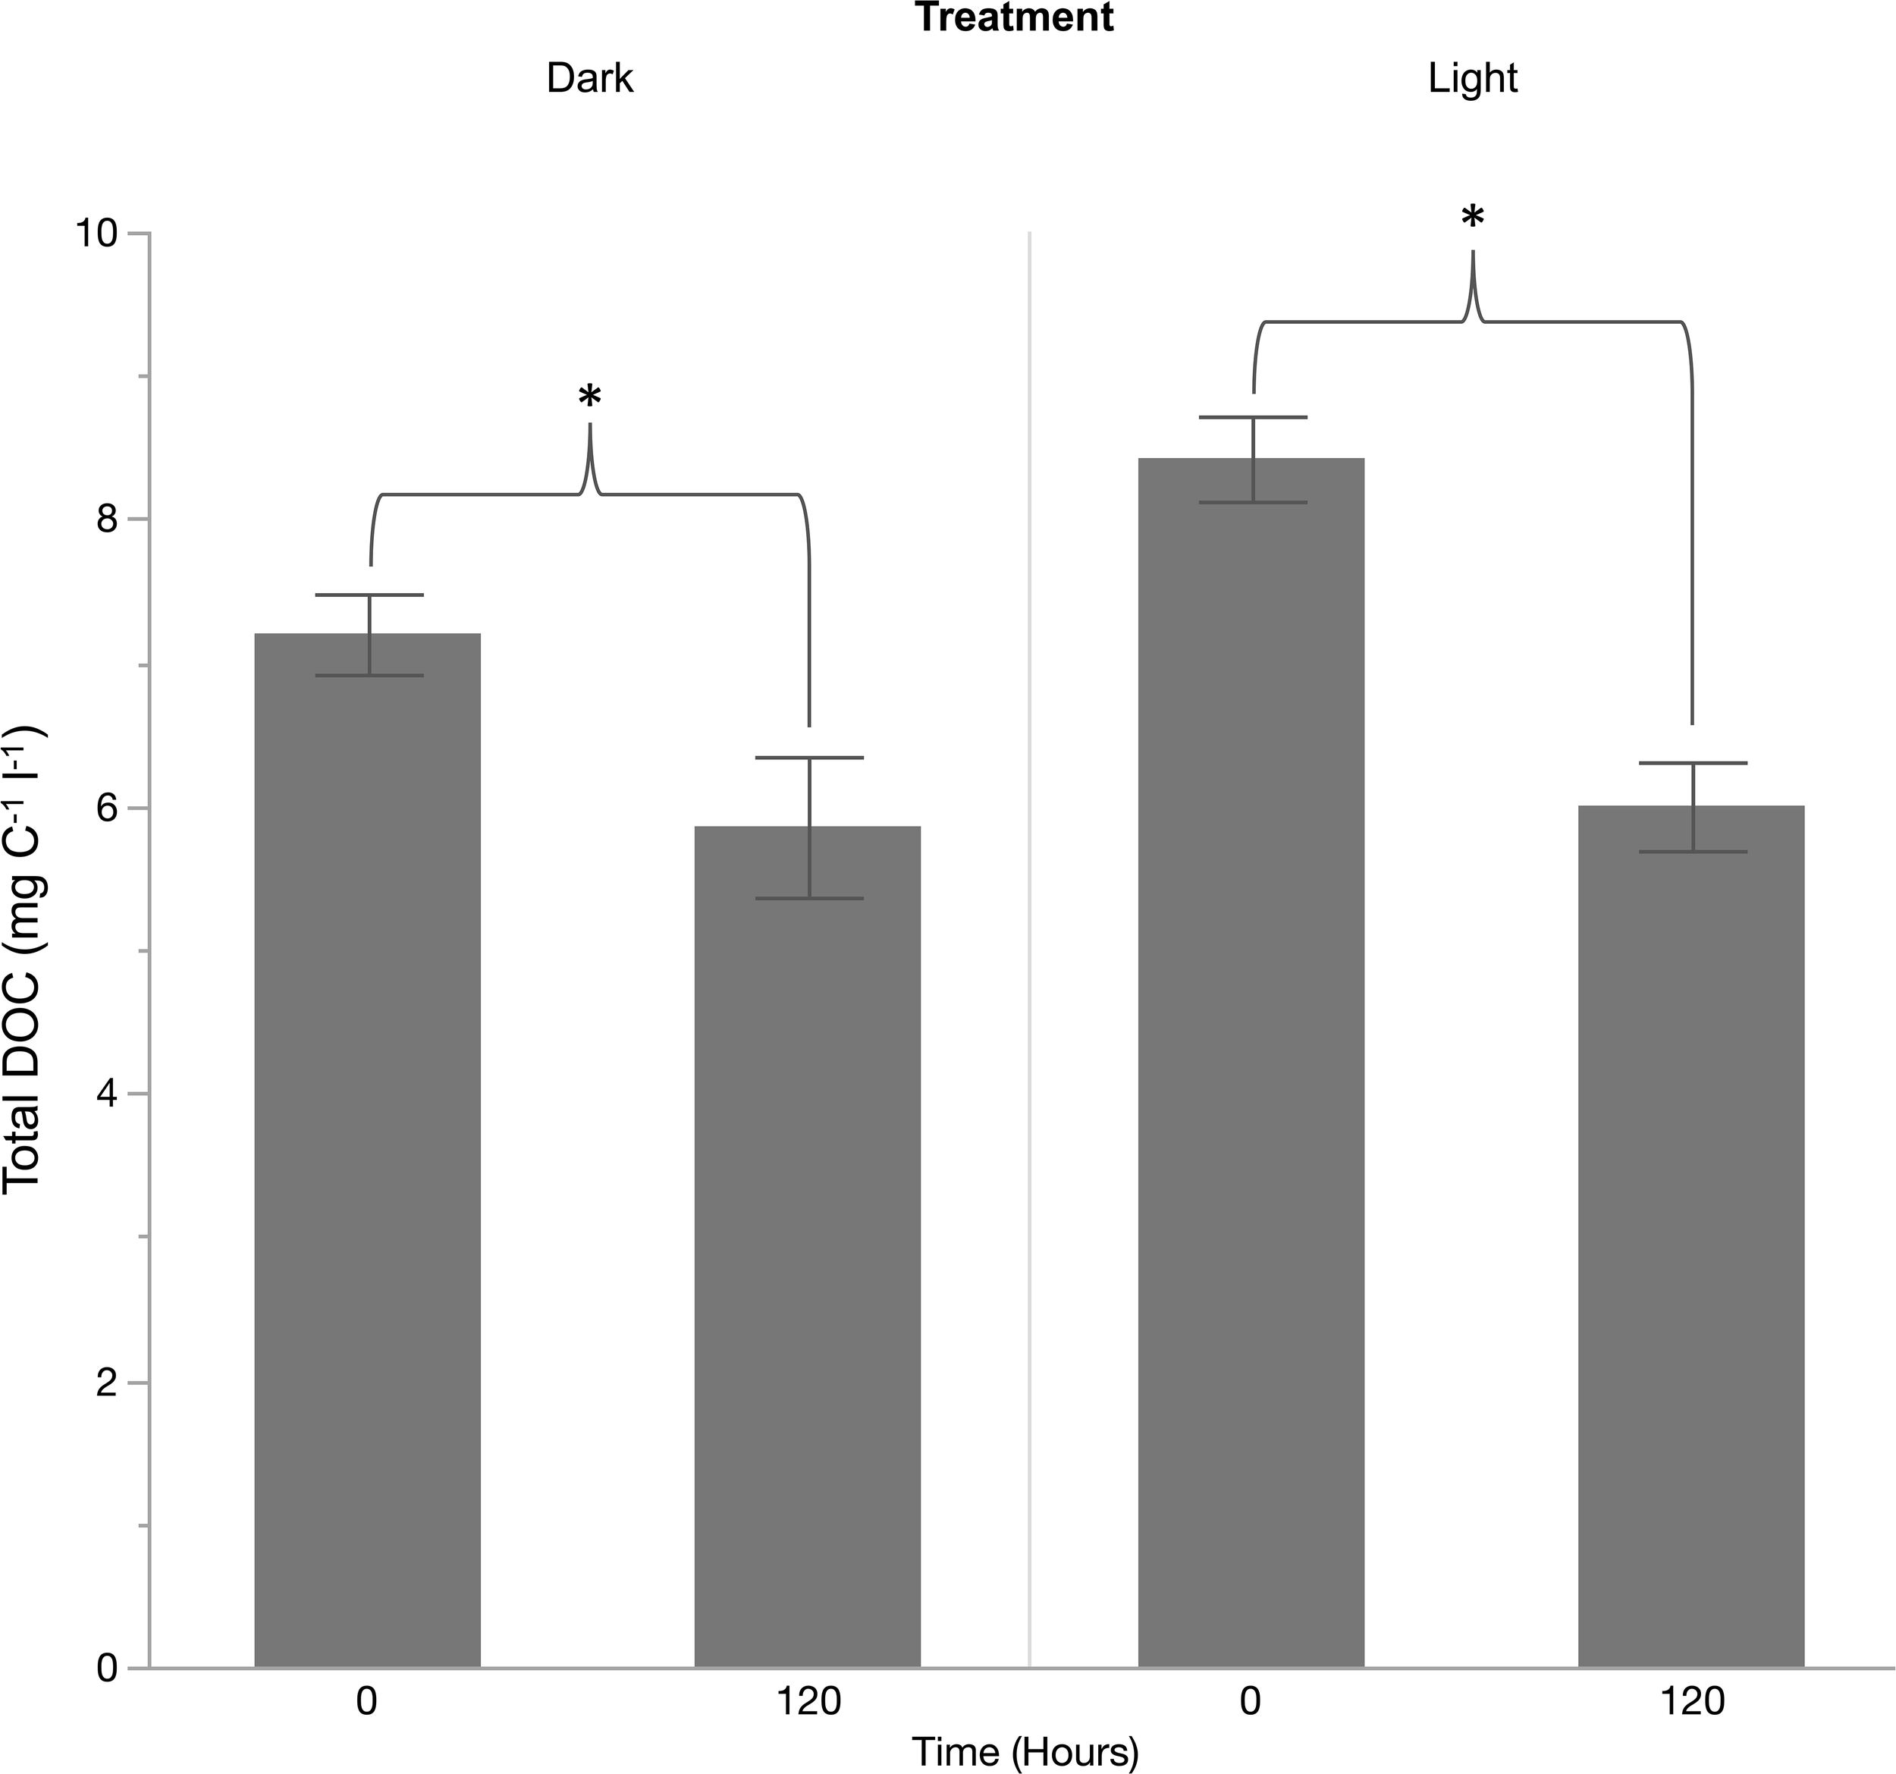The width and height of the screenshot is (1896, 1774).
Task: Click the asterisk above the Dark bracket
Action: (x=590, y=395)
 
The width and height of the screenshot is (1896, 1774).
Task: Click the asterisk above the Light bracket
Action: (x=1473, y=218)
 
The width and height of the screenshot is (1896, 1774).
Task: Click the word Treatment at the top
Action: (x=1015, y=18)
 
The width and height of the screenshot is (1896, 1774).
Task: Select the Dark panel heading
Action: (x=589, y=78)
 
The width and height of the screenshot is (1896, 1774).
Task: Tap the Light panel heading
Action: (x=1473, y=78)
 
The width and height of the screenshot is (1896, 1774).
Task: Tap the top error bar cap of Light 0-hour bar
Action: (x=1252, y=418)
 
